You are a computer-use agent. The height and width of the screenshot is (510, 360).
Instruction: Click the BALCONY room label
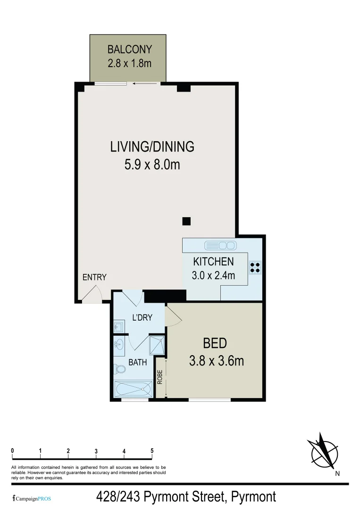coord(129,49)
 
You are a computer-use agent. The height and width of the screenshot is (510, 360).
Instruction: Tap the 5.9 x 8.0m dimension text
coord(152,165)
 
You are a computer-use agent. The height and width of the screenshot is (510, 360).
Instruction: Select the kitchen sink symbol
coord(220,246)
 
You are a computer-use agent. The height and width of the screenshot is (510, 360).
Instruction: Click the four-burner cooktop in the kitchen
coord(255,268)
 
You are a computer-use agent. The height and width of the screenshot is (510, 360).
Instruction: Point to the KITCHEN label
coord(213,262)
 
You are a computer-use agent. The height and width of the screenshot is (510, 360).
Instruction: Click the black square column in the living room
coord(186,221)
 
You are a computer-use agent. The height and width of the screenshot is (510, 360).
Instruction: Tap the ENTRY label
coord(94,277)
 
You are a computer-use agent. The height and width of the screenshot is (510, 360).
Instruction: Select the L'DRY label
coord(142,318)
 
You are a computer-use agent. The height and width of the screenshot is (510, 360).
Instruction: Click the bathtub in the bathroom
coord(134,389)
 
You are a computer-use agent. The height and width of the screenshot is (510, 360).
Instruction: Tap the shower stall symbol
coord(157,345)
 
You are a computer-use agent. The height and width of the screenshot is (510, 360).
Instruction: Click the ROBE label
coord(160,377)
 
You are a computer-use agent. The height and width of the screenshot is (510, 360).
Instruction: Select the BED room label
coord(215,343)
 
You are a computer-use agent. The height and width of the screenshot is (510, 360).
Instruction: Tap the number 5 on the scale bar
coord(152,451)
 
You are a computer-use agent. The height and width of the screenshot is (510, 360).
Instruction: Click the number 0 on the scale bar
coord(12,451)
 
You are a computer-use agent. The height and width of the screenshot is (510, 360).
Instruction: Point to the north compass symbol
coord(324,450)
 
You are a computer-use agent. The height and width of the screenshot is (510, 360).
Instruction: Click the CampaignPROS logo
coord(31,498)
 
